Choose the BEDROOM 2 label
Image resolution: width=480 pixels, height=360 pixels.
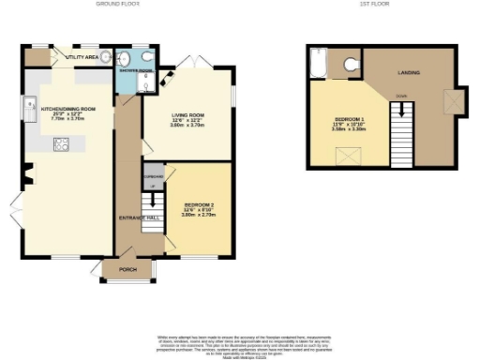point(198,204)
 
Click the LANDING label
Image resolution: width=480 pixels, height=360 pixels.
point(408,72)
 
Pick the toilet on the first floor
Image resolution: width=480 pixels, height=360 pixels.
point(351,64)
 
